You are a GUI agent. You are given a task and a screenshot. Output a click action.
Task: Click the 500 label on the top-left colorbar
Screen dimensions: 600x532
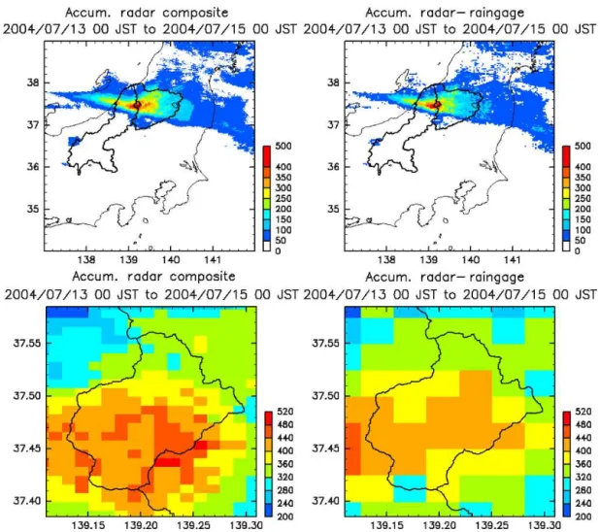pyautogui.click(x=283, y=147)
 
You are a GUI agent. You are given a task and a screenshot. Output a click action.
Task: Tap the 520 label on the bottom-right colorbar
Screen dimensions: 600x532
pyautogui.click(x=583, y=412)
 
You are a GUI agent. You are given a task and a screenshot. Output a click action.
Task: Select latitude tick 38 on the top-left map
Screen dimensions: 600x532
pyautogui.click(x=33, y=83)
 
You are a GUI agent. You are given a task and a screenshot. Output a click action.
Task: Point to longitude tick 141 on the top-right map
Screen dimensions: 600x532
pyautogui.click(x=513, y=260)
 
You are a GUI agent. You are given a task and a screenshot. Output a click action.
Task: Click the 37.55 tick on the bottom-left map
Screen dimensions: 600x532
pyautogui.click(x=27, y=343)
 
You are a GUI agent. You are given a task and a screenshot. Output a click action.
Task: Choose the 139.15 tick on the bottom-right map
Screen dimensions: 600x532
pyautogui.click(x=386, y=525)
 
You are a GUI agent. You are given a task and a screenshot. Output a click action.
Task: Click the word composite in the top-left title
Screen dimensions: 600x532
pyautogui.click(x=195, y=13)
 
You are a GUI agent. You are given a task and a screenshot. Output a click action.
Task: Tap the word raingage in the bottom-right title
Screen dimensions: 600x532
pyautogui.click(x=497, y=277)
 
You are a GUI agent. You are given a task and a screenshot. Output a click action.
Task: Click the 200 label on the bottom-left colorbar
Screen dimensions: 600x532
pyautogui.click(x=285, y=516)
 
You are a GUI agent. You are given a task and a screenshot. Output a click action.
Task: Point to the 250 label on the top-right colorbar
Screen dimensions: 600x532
pyautogui.click(x=583, y=199)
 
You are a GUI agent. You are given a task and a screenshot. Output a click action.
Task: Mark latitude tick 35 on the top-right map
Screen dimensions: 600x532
pyautogui.click(x=333, y=210)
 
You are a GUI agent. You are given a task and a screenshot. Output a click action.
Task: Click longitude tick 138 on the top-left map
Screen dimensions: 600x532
pyautogui.click(x=86, y=260)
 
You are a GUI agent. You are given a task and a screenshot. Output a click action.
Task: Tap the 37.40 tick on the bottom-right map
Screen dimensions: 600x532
pyautogui.click(x=325, y=501)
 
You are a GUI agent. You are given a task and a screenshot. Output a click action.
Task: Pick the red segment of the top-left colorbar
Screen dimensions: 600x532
pyautogui.click(x=267, y=155)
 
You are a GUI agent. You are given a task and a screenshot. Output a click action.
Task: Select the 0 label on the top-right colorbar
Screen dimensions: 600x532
pyautogui.click(x=578, y=251)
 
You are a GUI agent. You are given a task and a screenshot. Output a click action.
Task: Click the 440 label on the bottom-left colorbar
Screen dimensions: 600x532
pyautogui.click(x=285, y=438)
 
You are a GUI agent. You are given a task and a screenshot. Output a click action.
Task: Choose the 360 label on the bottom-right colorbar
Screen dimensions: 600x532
pyautogui.click(x=583, y=464)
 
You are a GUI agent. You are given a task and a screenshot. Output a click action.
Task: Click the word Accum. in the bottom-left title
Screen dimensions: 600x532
pyautogui.click(x=89, y=277)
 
